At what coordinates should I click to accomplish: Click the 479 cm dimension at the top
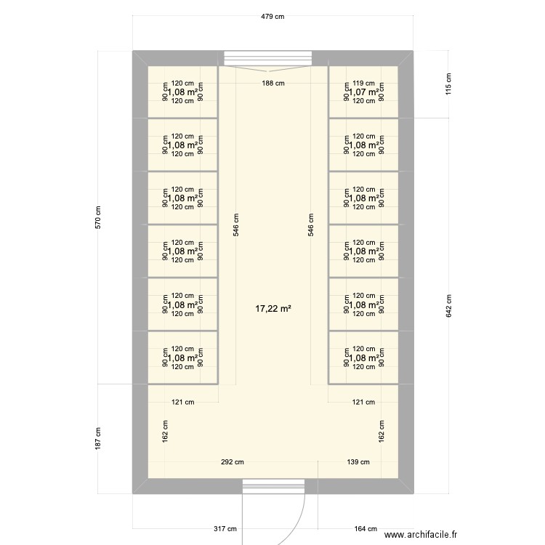(273, 16)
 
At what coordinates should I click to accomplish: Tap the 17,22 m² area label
(273, 309)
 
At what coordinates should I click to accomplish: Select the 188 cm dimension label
(273, 84)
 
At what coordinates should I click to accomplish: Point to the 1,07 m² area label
(363, 92)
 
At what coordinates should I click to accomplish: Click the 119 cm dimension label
(363, 84)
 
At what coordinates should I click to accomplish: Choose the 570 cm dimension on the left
(98, 217)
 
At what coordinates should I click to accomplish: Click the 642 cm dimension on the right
(448, 305)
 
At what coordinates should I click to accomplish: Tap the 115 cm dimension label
(448, 84)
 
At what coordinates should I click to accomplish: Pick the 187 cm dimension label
(98, 438)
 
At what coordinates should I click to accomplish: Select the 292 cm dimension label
(233, 462)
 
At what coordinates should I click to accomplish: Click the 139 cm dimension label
(358, 462)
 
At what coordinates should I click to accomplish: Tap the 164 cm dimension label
(366, 529)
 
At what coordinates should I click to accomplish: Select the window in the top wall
(267, 58)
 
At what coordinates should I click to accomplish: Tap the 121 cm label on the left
(182, 402)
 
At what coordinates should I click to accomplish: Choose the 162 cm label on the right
(380, 430)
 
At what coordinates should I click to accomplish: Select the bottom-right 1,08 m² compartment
(363, 358)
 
